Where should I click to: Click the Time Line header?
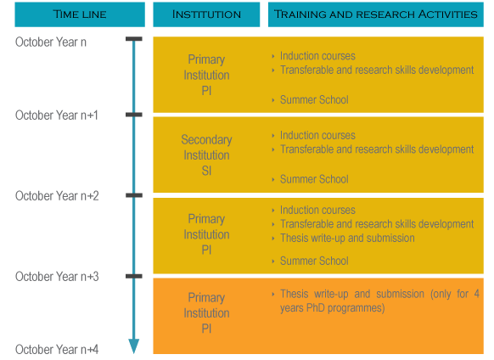click(x=80, y=14)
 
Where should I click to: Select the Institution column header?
click(x=206, y=14)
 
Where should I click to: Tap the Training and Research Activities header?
click(x=375, y=14)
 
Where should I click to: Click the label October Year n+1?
click(x=57, y=115)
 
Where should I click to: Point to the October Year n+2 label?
click(x=57, y=196)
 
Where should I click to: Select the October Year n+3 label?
click(x=57, y=277)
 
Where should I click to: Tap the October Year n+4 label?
click(x=57, y=349)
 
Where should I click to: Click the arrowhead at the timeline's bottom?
click(x=134, y=346)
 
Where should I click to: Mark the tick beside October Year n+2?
click(x=134, y=195)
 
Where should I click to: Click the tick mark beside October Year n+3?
click(x=134, y=276)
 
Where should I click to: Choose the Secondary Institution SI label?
click(x=206, y=155)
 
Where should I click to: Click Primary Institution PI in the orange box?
click(x=206, y=313)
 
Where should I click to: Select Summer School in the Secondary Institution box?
click(x=314, y=179)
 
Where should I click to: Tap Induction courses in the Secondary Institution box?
click(x=317, y=135)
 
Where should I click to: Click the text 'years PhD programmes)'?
click(x=333, y=307)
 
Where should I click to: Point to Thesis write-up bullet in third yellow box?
click(x=347, y=238)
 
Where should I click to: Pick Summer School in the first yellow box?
click(x=314, y=99)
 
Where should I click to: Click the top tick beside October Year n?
click(x=134, y=39)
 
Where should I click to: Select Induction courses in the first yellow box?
click(x=317, y=56)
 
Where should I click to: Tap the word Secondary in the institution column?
click(x=206, y=139)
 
